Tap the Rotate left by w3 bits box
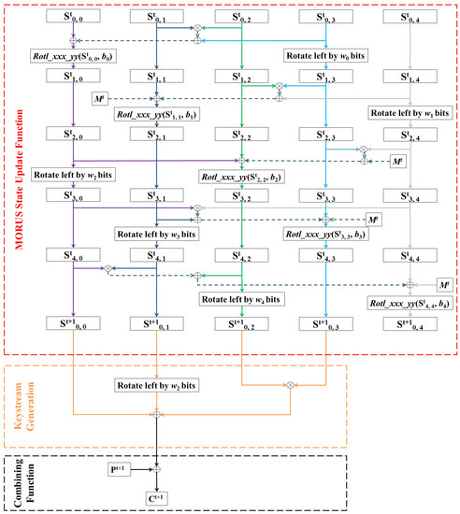click(153, 234)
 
